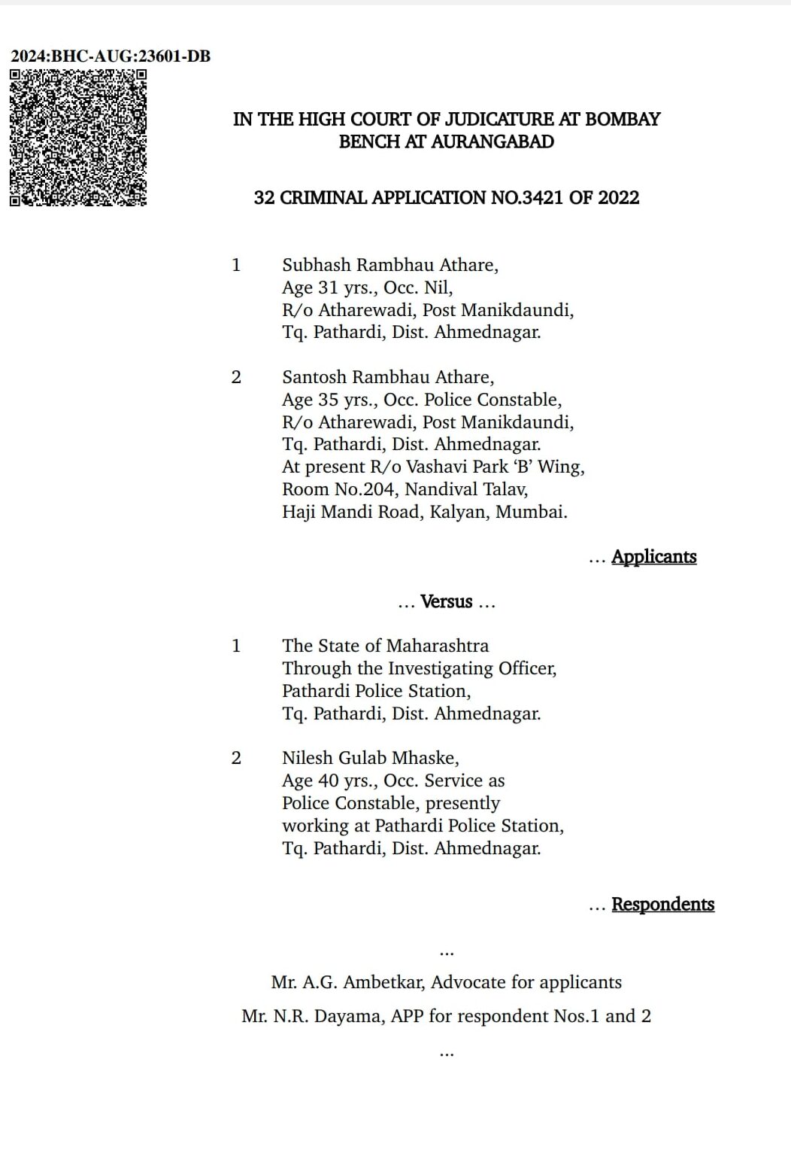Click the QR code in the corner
(x=77, y=138)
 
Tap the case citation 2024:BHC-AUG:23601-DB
(x=111, y=56)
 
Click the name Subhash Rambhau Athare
(x=389, y=265)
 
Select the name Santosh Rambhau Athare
(x=388, y=377)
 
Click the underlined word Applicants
(x=653, y=557)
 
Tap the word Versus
(x=447, y=602)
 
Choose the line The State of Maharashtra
(x=385, y=646)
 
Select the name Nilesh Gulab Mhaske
(x=370, y=758)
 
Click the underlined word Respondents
(x=662, y=905)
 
